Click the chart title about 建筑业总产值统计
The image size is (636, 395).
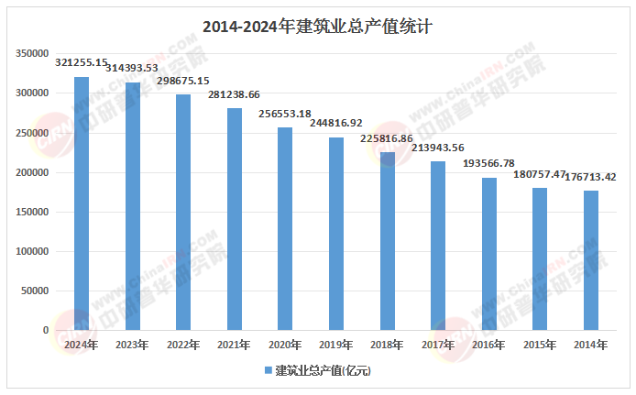pos(317,27)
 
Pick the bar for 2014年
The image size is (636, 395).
pos(590,260)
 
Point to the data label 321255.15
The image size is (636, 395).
pos(82,61)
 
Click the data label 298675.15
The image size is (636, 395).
pos(183,81)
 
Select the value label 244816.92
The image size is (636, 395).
pos(335,123)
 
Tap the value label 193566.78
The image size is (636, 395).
pos(488,163)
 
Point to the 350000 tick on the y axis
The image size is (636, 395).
pos(32,54)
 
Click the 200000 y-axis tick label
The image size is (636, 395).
pos(32,172)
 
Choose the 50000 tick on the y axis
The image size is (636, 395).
pos(35,291)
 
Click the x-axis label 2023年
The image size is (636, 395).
pos(132,345)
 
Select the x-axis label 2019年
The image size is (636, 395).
pos(335,345)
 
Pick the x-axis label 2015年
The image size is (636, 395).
pos(539,345)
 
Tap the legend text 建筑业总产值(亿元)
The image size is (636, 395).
pos(323,370)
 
